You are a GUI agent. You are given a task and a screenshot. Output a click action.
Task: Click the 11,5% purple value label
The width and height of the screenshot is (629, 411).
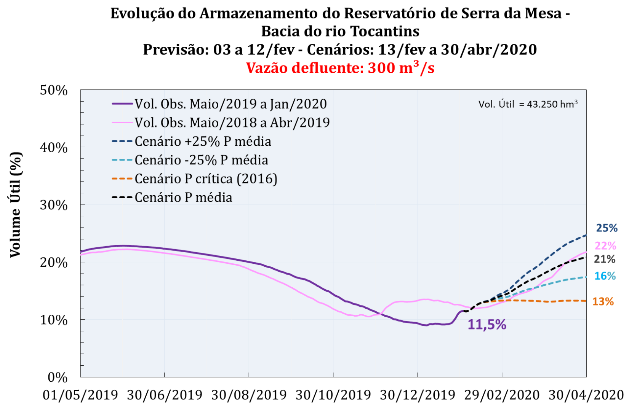pos(487,325)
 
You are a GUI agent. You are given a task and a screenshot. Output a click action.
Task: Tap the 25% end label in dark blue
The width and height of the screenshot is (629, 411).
pos(607,228)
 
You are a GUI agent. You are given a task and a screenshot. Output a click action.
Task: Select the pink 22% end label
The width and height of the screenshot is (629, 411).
pos(605,245)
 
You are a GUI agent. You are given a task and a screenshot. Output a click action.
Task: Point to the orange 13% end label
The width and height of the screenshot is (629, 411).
pos(603,302)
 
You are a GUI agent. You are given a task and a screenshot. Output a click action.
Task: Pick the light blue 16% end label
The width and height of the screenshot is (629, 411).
pos(605,276)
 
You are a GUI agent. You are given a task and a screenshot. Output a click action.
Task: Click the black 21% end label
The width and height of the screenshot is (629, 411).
pos(605,259)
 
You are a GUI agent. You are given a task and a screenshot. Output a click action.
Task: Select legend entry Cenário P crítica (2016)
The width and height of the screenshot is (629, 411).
pos(206,179)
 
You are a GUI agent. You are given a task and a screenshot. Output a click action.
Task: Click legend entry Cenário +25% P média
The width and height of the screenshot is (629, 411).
pos(203,142)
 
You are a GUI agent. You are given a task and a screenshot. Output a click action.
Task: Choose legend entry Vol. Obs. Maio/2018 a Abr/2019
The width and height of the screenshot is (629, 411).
pos(232,123)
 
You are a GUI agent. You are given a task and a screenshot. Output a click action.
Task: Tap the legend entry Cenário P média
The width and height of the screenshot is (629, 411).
pos(183,198)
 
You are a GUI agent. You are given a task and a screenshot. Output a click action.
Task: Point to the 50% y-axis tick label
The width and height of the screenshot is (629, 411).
pos(54,91)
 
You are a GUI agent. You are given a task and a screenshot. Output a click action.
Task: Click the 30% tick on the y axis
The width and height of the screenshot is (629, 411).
pos(54,205)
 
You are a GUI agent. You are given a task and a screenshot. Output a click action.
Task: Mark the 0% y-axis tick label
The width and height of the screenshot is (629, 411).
pos(58,378)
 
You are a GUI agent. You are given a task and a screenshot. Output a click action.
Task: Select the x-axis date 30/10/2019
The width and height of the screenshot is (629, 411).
pos(333,395)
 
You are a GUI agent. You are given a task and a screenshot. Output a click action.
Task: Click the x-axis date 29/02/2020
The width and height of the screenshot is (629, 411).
pos(502,395)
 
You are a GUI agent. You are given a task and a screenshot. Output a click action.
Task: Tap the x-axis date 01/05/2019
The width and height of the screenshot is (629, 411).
pos(80,395)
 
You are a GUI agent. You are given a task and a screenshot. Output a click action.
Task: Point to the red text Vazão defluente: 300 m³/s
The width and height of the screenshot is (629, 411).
pos(340,68)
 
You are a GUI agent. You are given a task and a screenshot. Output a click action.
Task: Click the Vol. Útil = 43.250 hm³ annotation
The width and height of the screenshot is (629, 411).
pos(528,104)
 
